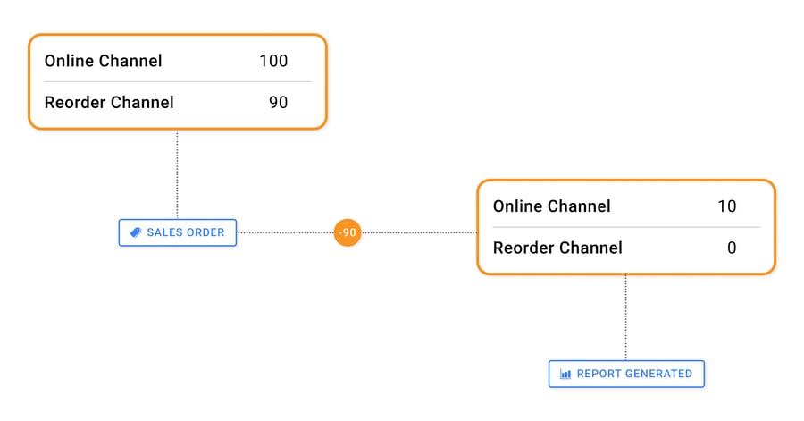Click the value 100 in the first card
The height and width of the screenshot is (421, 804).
click(x=273, y=61)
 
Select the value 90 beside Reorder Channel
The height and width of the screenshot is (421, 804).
click(x=279, y=102)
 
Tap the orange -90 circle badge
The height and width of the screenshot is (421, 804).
click(x=348, y=232)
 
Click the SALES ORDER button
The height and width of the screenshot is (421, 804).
click(x=178, y=232)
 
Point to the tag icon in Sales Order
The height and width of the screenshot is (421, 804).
click(x=136, y=232)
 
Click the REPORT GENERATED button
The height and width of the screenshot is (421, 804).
click(x=626, y=374)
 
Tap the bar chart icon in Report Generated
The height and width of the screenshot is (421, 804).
click(x=565, y=374)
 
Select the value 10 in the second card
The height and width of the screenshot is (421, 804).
click(x=726, y=206)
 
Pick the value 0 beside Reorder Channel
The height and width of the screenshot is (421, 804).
click(x=732, y=248)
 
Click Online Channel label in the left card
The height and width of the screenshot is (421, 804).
click(x=104, y=61)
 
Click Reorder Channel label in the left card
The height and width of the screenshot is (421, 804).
click(x=109, y=102)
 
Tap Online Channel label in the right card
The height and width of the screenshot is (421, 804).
click(x=552, y=206)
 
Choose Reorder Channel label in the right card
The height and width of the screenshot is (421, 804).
click(x=557, y=248)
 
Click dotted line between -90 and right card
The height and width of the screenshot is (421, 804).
click(x=419, y=232)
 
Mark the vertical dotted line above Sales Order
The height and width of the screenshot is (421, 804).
click(x=177, y=174)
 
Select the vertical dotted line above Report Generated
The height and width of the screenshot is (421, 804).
click(x=625, y=317)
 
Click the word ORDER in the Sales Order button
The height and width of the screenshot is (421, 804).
click(x=205, y=232)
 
